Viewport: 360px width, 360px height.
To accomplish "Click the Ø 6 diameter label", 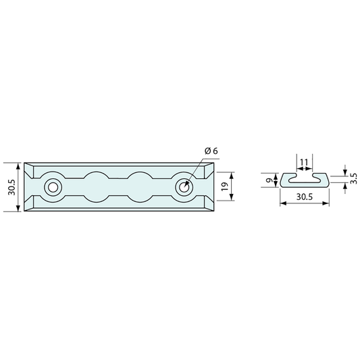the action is point(211,151).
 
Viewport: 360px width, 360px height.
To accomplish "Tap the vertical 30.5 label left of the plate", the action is point(11,187).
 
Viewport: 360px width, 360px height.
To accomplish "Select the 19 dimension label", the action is point(224,186).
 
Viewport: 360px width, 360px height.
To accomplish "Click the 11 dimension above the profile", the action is point(304,162).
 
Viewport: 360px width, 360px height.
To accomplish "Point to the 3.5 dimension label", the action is point(354,178).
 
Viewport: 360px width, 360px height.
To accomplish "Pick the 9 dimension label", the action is point(269,180).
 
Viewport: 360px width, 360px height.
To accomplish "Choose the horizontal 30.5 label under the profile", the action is point(305,197).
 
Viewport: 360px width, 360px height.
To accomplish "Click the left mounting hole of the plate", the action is point(53,188).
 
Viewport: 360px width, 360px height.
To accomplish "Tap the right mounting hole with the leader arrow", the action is point(184,188).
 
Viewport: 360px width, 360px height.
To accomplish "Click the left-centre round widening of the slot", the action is point(97,187).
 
